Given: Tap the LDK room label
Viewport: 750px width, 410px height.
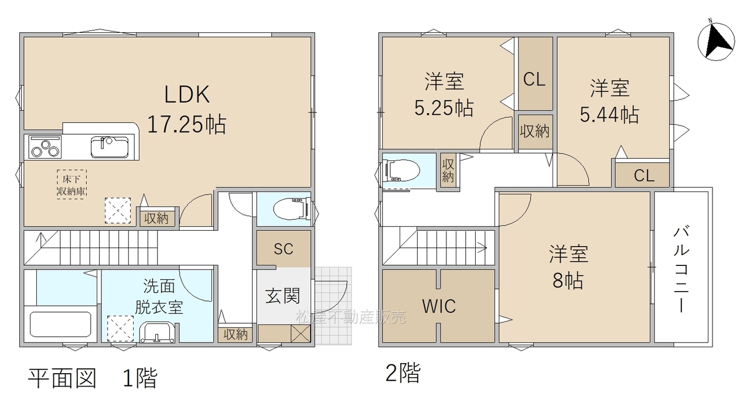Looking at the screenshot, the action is tap(187, 94).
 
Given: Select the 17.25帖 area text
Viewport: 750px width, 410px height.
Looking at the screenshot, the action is tap(186, 124).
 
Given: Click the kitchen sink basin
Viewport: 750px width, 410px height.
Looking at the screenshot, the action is tap(110, 147).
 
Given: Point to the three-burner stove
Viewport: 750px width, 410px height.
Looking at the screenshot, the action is tap(45, 147).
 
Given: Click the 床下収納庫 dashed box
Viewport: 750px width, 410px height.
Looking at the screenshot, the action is tap(71, 184).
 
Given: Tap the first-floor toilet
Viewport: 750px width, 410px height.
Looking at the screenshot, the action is tap(291, 210).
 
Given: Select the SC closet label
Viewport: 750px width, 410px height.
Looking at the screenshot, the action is tap(283, 249).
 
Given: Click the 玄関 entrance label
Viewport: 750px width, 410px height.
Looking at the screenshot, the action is tap(282, 296).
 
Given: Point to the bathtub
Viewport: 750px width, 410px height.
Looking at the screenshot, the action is tap(60, 324).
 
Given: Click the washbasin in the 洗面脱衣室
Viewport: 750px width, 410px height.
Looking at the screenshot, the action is tap(157, 332).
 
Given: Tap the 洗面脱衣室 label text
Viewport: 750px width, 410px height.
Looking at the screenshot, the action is tap(159, 296).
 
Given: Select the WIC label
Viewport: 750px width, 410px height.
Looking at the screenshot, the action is tap(439, 306).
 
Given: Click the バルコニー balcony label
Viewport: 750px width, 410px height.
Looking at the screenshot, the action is tap(681, 269).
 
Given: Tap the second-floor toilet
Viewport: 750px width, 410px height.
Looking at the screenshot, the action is tap(402, 170).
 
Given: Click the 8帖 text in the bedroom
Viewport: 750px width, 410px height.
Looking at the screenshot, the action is tap(568, 281).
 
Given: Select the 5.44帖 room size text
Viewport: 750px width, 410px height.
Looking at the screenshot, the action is tap(609, 114).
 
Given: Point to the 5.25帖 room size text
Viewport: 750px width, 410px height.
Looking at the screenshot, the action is tap(444, 108).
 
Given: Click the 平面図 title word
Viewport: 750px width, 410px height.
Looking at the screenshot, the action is tap(62, 378).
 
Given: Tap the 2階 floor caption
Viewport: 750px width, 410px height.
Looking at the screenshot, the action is tap(403, 373).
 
